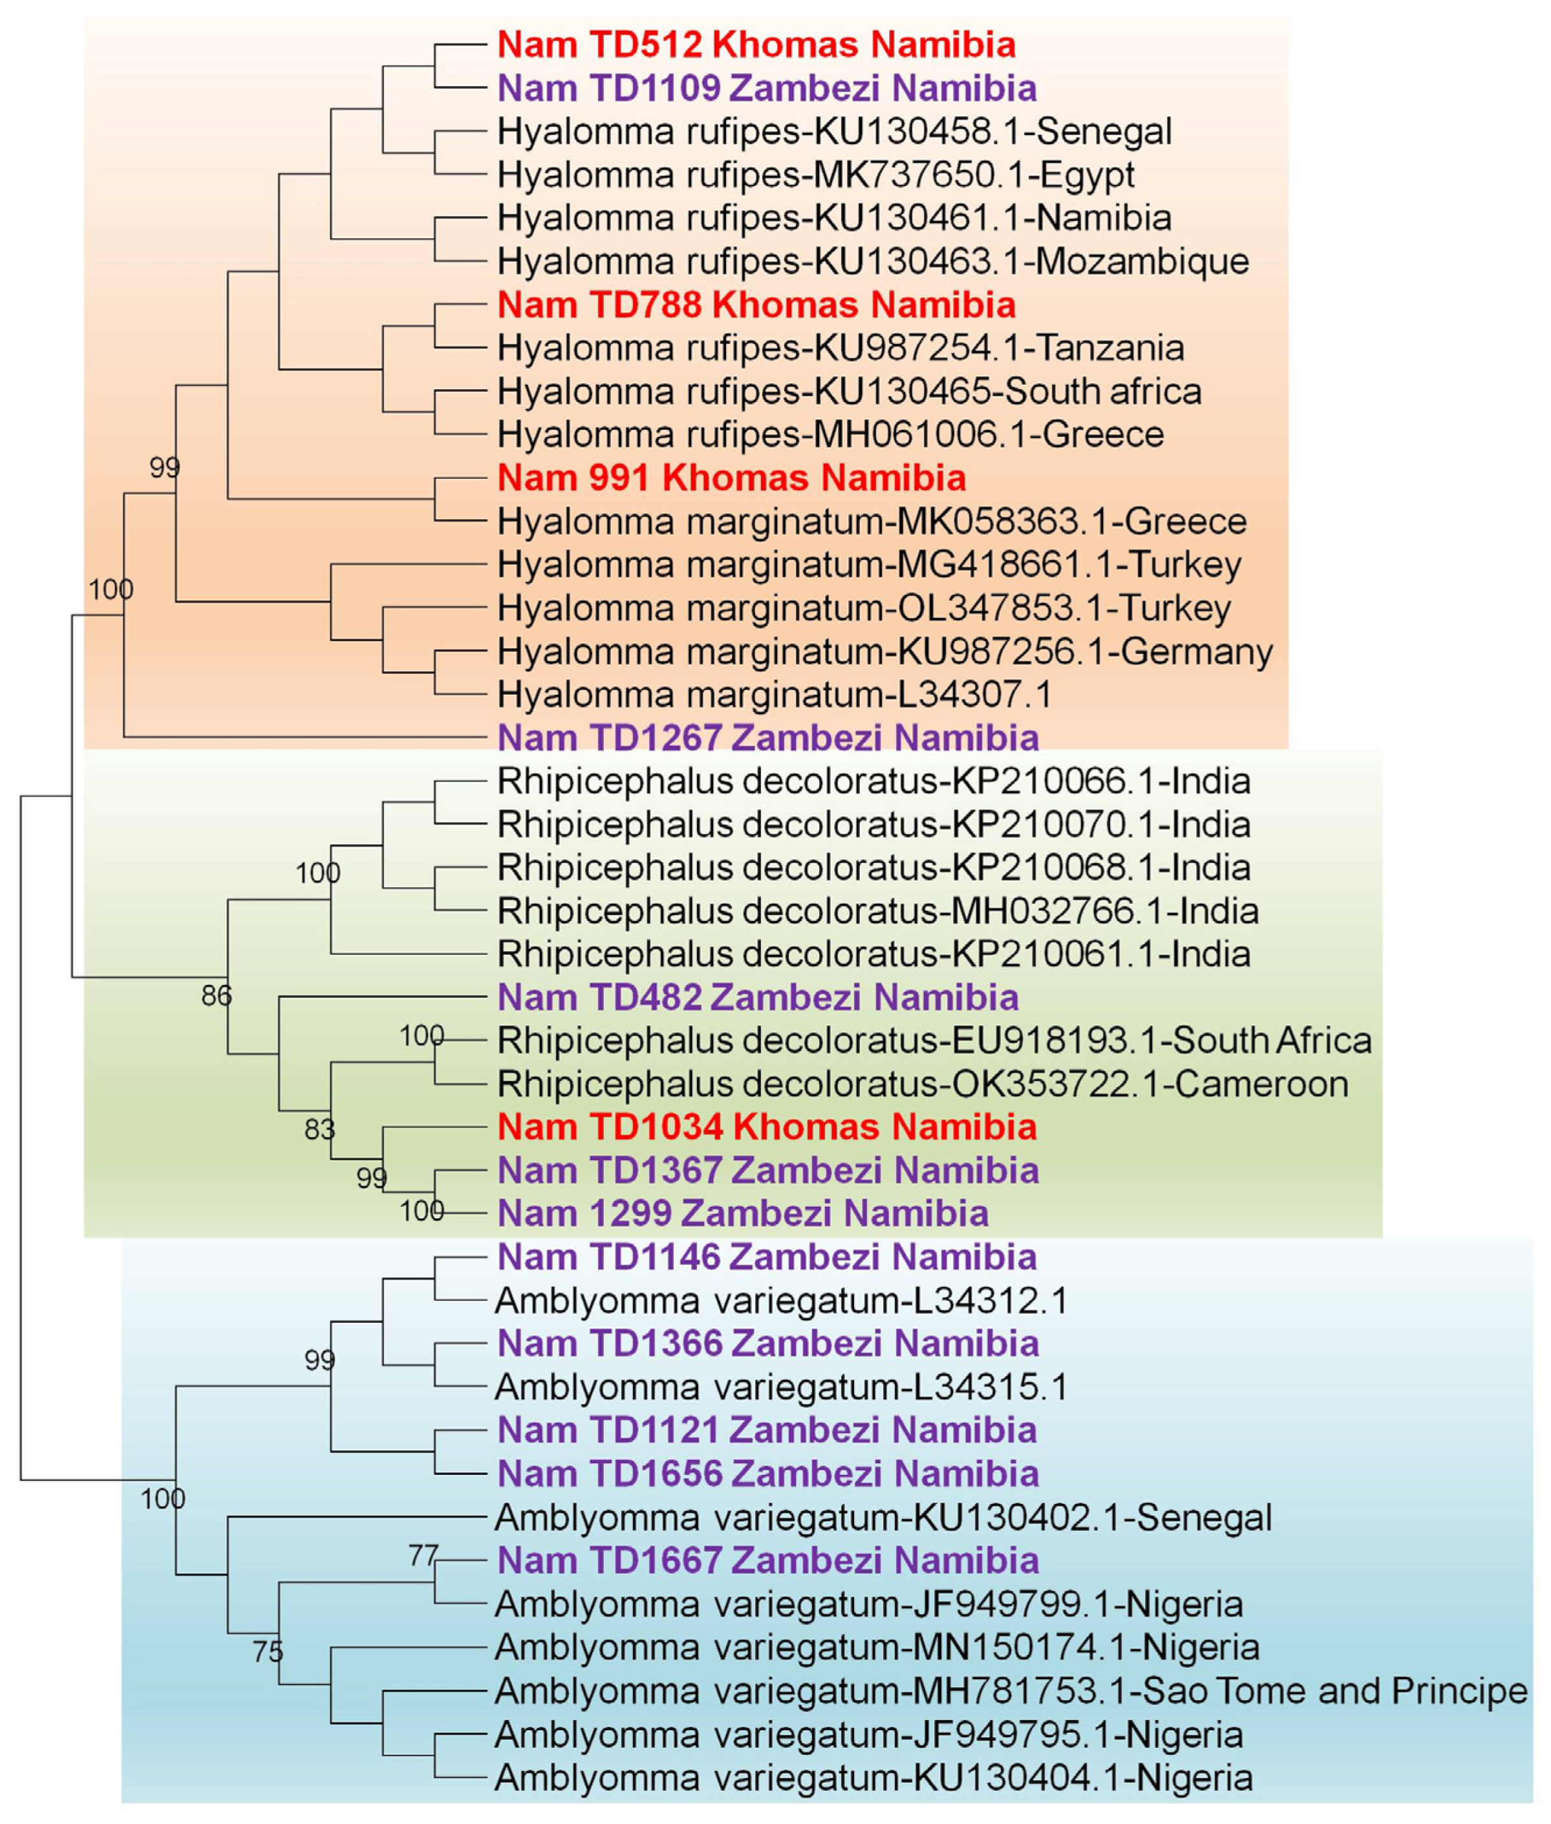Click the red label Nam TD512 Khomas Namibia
pyautogui.click(x=756, y=45)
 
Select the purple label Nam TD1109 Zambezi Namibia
pyautogui.click(x=767, y=88)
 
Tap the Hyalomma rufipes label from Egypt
pyautogui.click(x=815, y=175)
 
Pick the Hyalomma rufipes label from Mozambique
pyautogui.click(x=872, y=261)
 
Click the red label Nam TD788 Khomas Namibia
pyautogui.click(x=756, y=305)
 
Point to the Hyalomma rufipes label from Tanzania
pyautogui.click(x=840, y=348)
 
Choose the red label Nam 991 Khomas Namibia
pyautogui.click(x=732, y=478)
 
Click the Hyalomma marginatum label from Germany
pyautogui.click(x=884, y=652)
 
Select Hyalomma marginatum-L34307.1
pyautogui.click(x=774, y=695)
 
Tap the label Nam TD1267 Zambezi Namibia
pyautogui.click(x=767, y=738)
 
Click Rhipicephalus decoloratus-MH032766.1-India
pyautogui.click(x=877, y=911)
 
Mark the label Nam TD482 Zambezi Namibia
pyautogui.click(x=758, y=998)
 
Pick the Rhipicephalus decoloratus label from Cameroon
pyautogui.click(x=923, y=1084)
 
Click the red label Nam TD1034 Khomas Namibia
pyautogui.click(x=767, y=1128)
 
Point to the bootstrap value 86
pyautogui.click(x=217, y=996)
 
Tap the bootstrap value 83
pyautogui.click(x=320, y=1130)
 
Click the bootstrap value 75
pyautogui.click(x=268, y=1653)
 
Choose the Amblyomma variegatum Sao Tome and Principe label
pyautogui.click(x=1011, y=1690)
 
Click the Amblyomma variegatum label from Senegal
pyautogui.click(x=882, y=1518)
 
